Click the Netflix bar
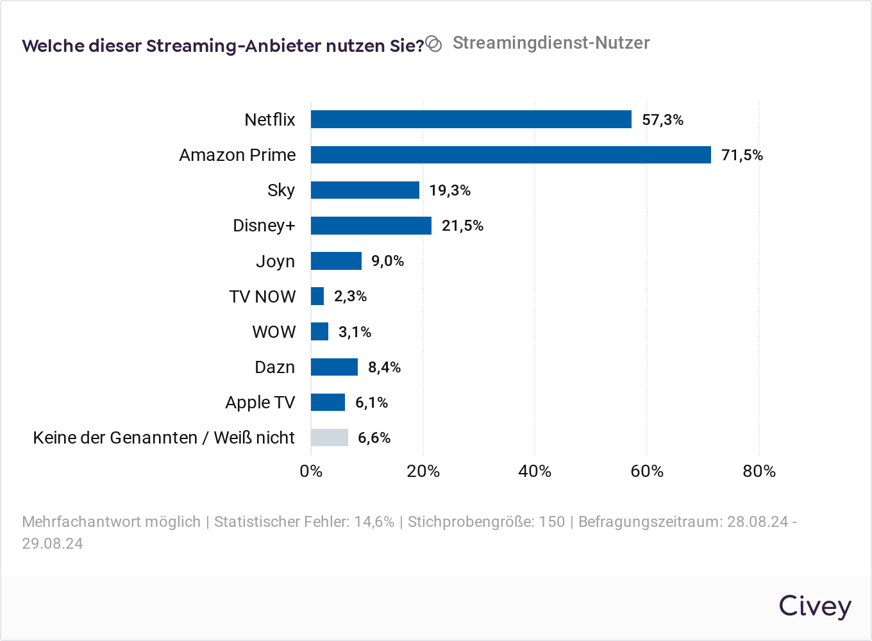click(471, 119)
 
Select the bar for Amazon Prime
click(511, 154)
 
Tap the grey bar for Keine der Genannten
click(330, 437)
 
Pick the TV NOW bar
click(317, 296)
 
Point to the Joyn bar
click(336, 261)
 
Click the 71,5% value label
click(742, 155)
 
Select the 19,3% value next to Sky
click(449, 190)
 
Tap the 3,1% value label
click(355, 332)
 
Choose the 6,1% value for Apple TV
click(371, 403)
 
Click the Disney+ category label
click(264, 226)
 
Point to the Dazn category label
click(274, 367)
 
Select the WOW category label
click(274, 332)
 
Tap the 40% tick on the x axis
click(535, 471)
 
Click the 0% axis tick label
click(311, 471)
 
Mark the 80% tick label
click(759, 471)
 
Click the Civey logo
click(815, 606)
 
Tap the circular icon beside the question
click(434, 44)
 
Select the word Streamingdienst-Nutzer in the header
click(551, 43)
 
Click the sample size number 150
click(551, 522)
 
